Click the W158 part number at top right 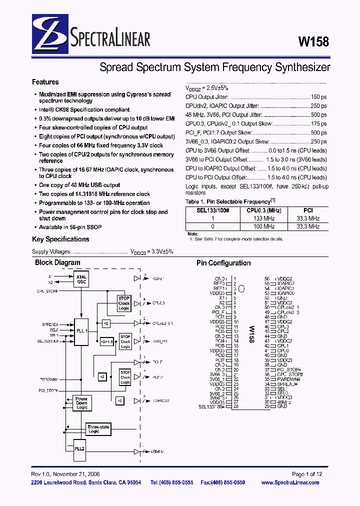click(x=313, y=42)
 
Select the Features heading click(x=45, y=82)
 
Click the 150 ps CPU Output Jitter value click(x=318, y=96)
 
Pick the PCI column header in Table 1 click(x=308, y=211)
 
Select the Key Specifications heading click(x=60, y=239)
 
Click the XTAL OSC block click(x=81, y=279)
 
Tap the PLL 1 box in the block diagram click(x=81, y=330)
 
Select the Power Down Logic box click(x=81, y=403)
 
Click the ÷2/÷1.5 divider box click(x=106, y=341)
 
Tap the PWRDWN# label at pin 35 click(x=287, y=379)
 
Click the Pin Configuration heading click(x=223, y=263)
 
